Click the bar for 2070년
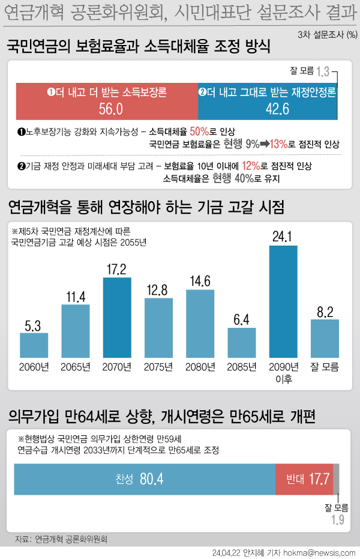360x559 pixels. pyautogui.click(x=117, y=318)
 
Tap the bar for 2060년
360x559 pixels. pyautogui.click(x=34, y=345)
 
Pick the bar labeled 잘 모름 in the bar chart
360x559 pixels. pyautogui.click(x=325, y=338)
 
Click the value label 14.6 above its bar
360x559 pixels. pyautogui.click(x=200, y=281)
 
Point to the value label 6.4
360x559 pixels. pyautogui.click(x=242, y=319)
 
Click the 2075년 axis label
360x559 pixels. pyautogui.click(x=159, y=367)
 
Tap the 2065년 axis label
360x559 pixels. pyautogui.click(x=76, y=367)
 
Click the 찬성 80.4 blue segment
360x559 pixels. pyautogui.click(x=144, y=479)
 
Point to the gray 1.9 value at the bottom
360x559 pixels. pyautogui.click(x=338, y=520)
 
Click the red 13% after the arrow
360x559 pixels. pyautogui.click(x=278, y=144)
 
